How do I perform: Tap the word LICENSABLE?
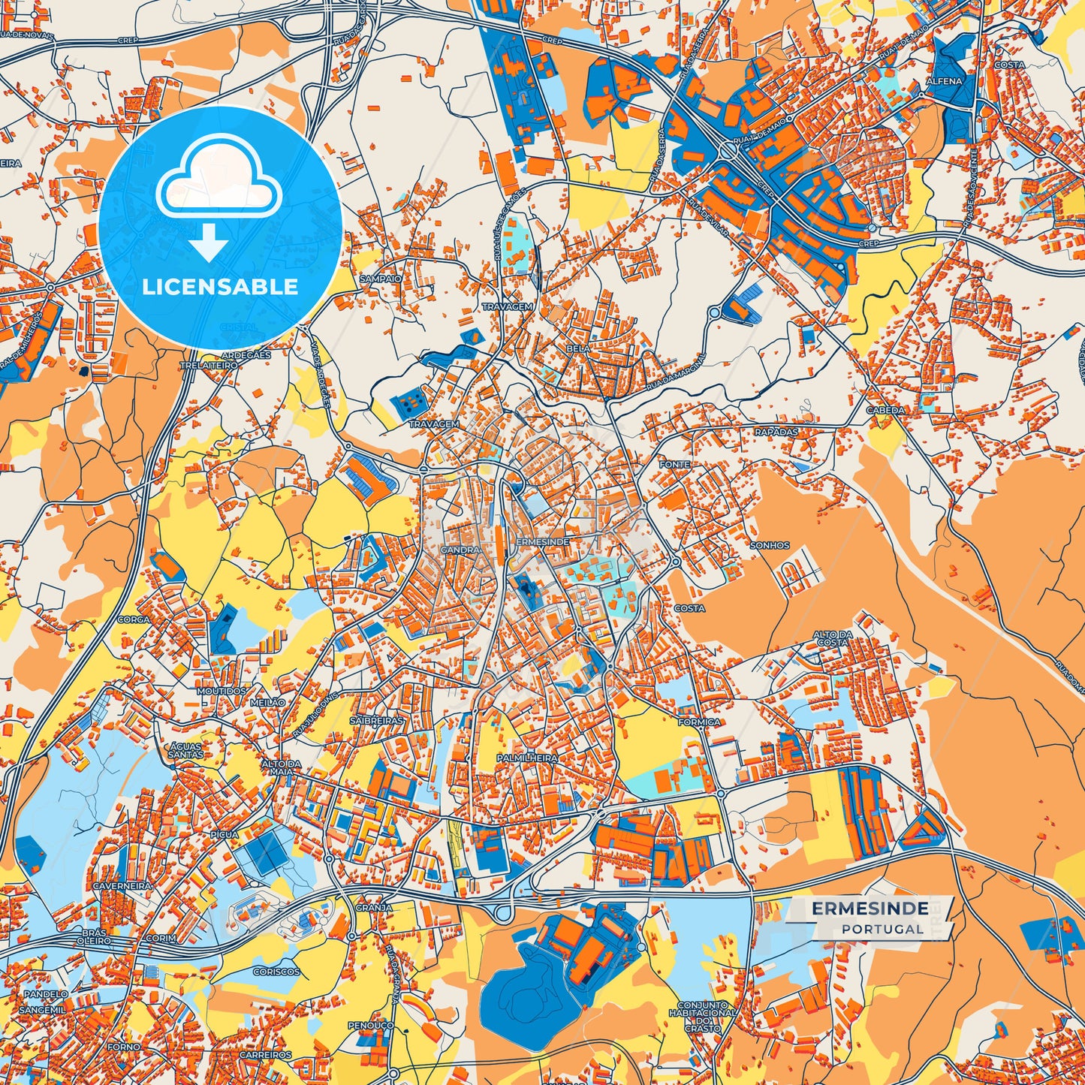(x=220, y=287)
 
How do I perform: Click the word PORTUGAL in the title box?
(x=882, y=929)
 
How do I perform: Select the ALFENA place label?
(x=944, y=80)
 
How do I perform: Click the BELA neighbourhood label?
(x=579, y=349)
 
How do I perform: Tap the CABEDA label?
(x=885, y=411)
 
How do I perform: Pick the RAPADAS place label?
(x=776, y=432)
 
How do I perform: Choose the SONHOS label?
(x=770, y=545)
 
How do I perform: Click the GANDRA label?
(x=460, y=550)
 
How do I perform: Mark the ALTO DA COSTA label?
(x=833, y=639)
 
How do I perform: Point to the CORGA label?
(x=133, y=620)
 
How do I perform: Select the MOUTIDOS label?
(x=221, y=691)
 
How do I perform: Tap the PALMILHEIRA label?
(x=526, y=759)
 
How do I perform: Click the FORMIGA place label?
(x=698, y=722)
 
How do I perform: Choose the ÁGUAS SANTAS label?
(x=185, y=749)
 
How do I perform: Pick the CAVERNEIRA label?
(x=122, y=886)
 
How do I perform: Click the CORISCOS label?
(x=276, y=972)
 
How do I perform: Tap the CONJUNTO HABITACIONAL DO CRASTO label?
(x=703, y=1017)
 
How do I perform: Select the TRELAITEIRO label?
(x=208, y=365)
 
